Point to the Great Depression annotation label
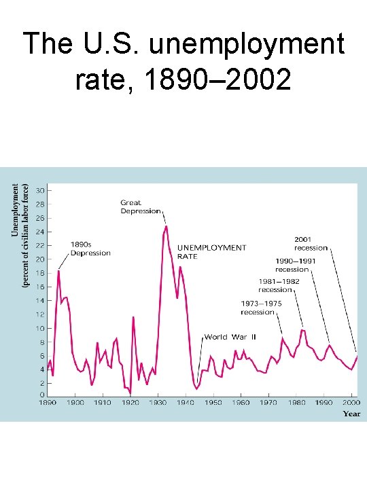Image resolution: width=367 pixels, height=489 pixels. pos(141,206)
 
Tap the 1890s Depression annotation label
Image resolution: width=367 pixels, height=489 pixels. pos(90,249)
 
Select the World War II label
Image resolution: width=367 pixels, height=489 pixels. pos(230,337)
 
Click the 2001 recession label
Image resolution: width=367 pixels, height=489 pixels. pos(311,243)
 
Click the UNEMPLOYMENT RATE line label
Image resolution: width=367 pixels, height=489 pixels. pos(211,252)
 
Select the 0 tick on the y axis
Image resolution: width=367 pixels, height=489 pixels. pos(42,395)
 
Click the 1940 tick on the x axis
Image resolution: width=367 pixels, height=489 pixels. pos(186,403)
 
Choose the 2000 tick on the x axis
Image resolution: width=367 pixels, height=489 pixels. pos(351,403)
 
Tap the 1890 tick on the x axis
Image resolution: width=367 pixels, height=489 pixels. pos(48,403)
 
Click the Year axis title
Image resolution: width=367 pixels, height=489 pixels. pos(351,413)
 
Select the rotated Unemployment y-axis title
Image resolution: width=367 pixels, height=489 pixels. pos(15,211)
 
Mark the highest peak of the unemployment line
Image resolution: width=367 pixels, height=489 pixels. pos(166,226)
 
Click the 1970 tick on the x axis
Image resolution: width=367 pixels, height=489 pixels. pos(268,403)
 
